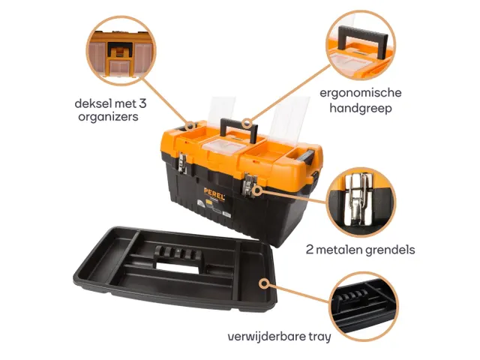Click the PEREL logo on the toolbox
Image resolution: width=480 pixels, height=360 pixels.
pos(214,194)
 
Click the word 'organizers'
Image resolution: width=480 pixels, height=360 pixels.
pos(108,117)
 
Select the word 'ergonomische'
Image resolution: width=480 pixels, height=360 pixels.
pos(361,93)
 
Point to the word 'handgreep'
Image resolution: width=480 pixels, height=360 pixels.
pos(361,108)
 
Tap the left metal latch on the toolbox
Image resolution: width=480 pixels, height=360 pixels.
pos(182,163)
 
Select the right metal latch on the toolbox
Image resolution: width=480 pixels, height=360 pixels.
pos(250,184)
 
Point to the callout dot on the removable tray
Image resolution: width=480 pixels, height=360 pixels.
pos(263,283)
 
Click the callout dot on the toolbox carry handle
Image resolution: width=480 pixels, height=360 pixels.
pos(247,124)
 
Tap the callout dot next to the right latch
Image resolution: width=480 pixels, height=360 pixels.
pos(258,190)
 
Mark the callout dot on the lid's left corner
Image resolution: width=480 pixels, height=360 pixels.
pos(190,125)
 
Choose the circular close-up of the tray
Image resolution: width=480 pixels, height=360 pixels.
pos(364,307)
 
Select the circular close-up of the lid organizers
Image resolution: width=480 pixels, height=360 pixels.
pos(121,51)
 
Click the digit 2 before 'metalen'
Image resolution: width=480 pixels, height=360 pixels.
pos(310,250)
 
